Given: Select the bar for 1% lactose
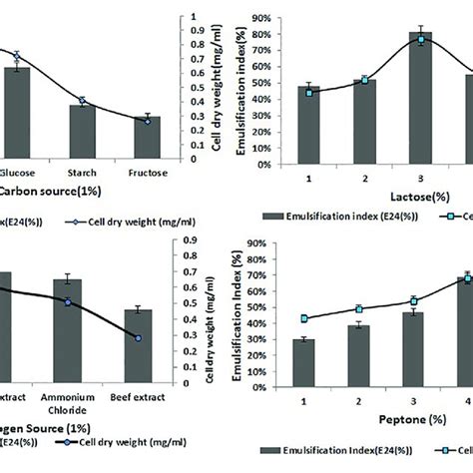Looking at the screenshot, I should [309, 125].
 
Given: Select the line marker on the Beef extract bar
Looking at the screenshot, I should [138, 338].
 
